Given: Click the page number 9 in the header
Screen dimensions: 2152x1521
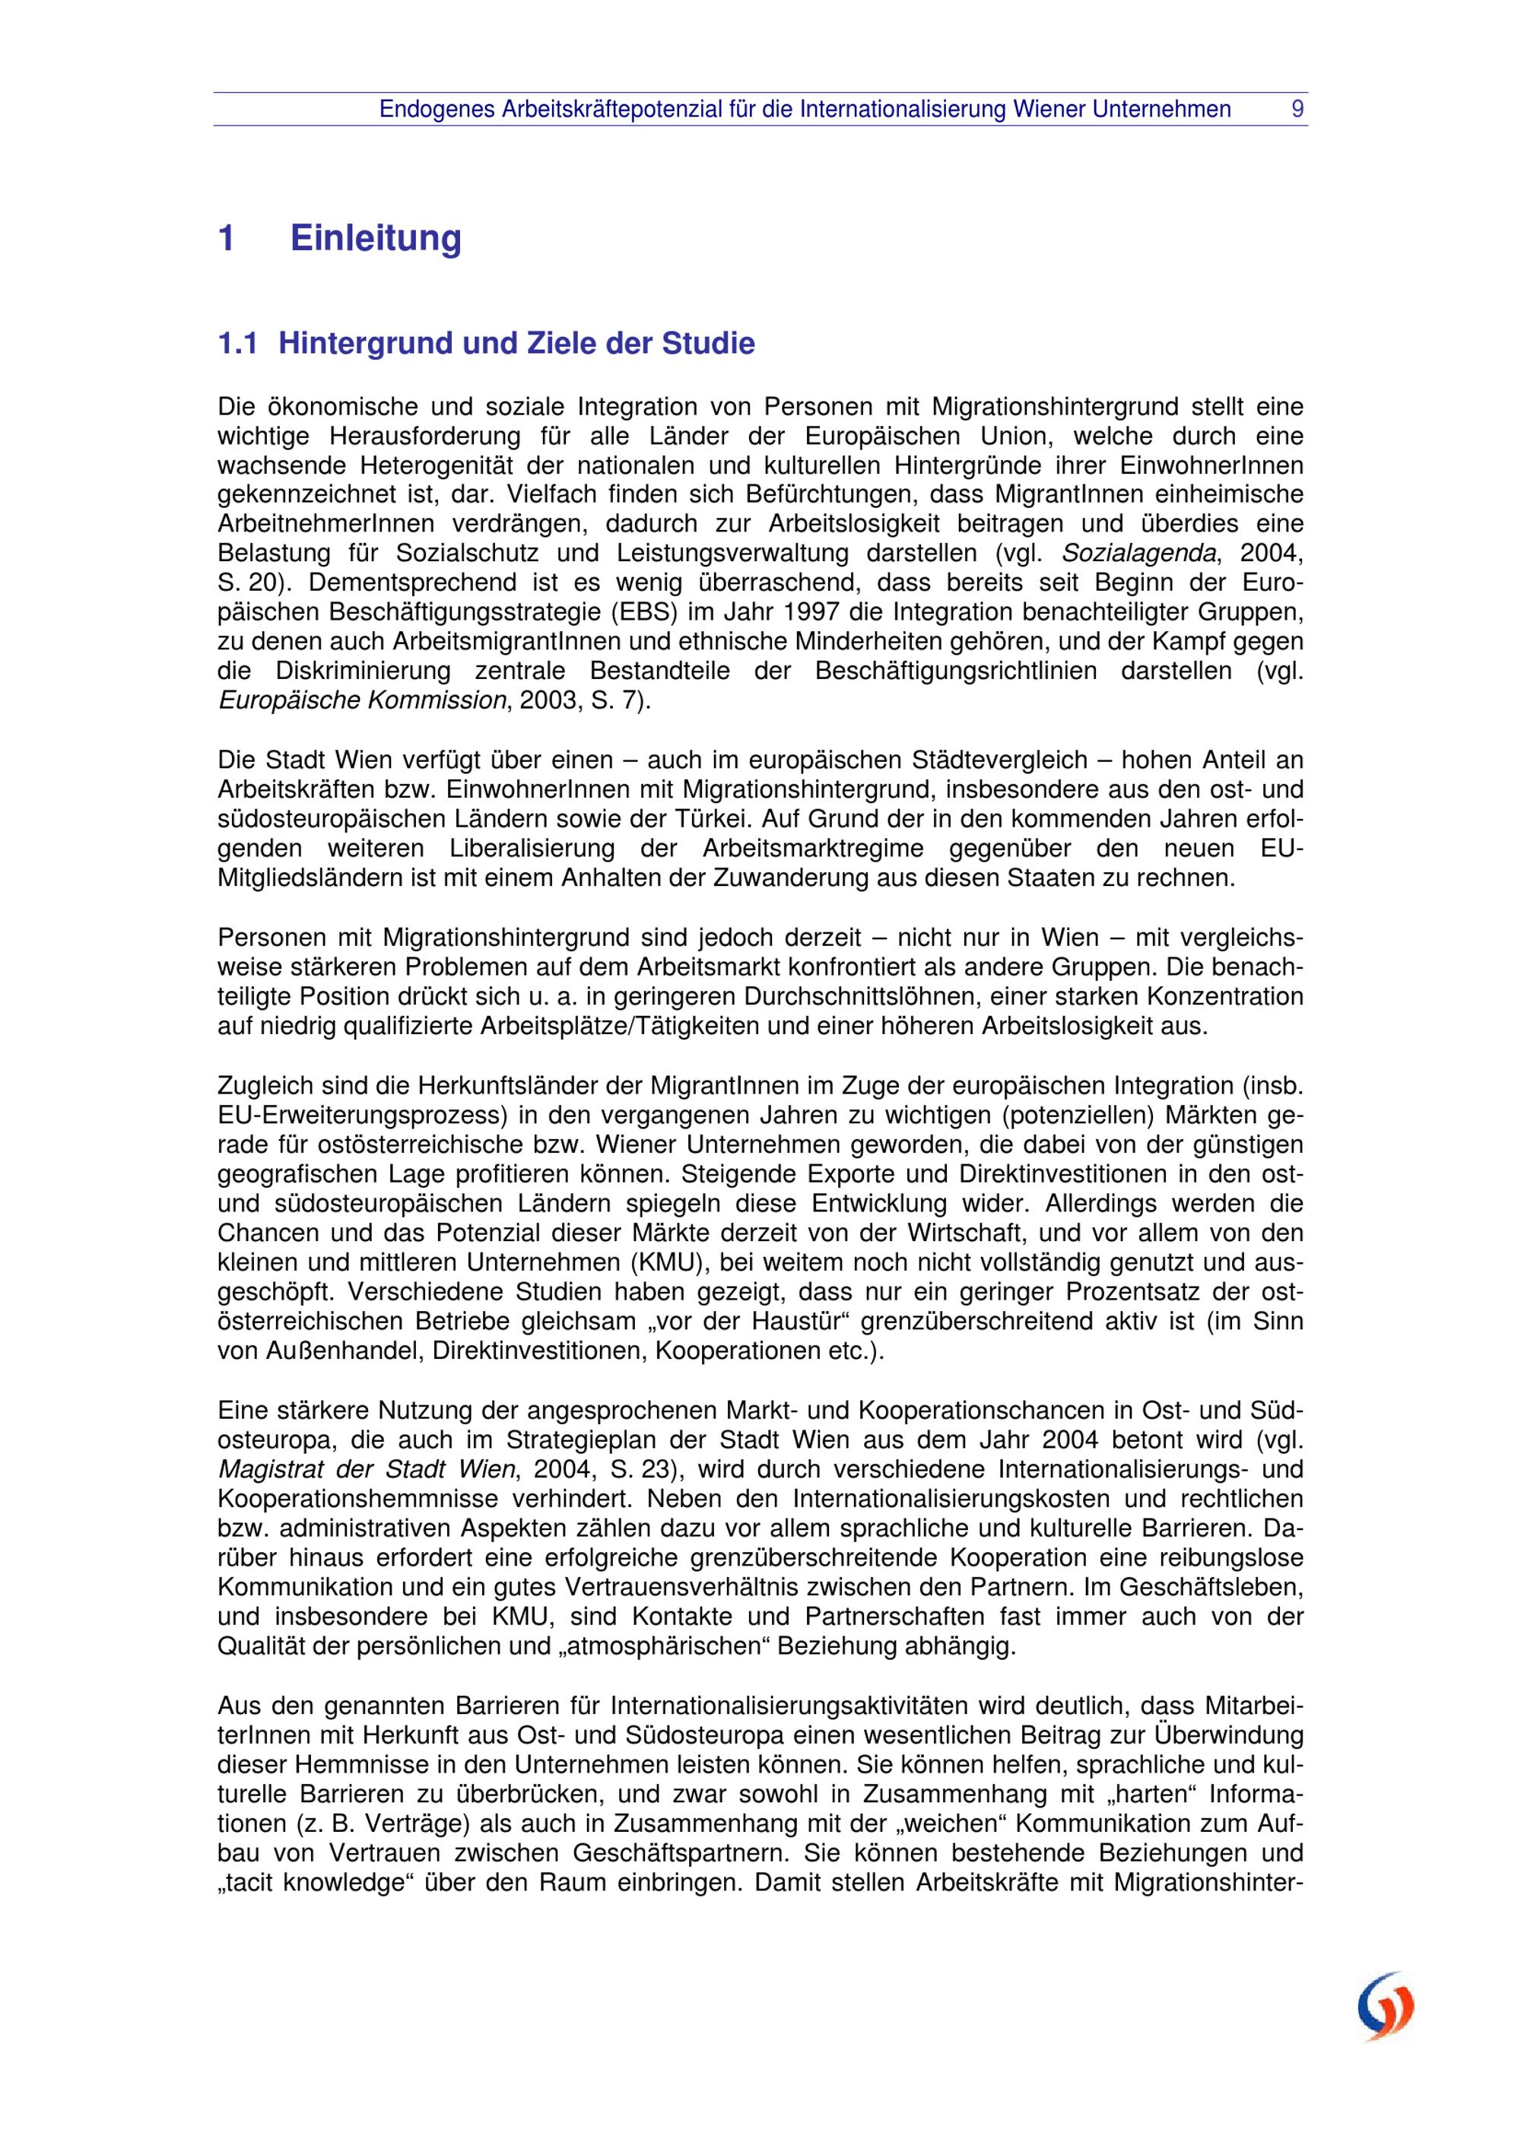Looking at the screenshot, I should pyautogui.click(x=1297, y=110).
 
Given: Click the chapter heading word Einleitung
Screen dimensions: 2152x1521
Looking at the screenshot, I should pyautogui.click(x=376, y=238).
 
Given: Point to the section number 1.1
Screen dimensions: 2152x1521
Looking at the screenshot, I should pyautogui.click(x=237, y=344).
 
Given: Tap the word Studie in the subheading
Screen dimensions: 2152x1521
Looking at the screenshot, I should pyautogui.click(x=709, y=344).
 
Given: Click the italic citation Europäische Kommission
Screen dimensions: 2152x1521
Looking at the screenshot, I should pyautogui.click(x=362, y=700).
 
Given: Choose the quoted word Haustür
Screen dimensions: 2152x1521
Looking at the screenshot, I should pyautogui.click(x=787, y=1322).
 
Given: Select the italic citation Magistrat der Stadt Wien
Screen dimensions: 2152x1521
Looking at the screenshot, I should pyautogui.click(x=367, y=1468).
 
